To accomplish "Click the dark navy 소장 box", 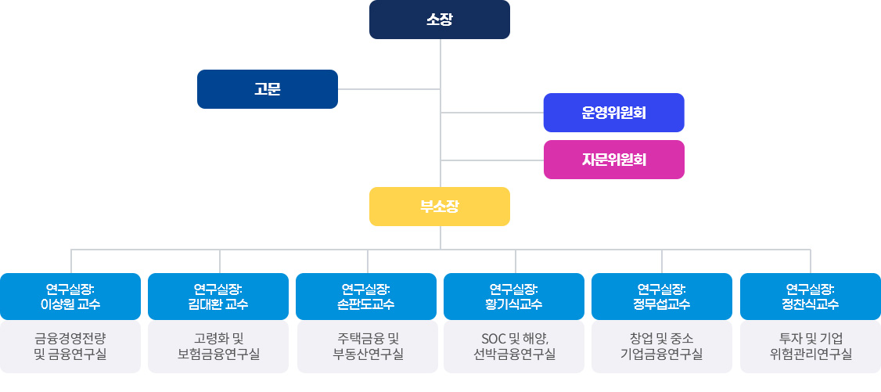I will [x=439, y=20].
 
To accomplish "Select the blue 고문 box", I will [x=267, y=89].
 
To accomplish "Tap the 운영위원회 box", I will [x=613, y=113].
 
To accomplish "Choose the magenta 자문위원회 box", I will [x=613, y=160].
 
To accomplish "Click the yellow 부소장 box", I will [x=439, y=207].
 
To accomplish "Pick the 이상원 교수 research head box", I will [x=70, y=297].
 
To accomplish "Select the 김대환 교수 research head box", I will [x=218, y=297].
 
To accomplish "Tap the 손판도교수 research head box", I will [x=366, y=297].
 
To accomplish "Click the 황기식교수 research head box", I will [x=514, y=297].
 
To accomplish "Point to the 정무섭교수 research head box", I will [x=662, y=297].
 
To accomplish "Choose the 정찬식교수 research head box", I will [x=810, y=297].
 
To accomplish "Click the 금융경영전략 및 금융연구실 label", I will [x=70, y=347].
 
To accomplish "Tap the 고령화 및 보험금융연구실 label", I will [x=218, y=347].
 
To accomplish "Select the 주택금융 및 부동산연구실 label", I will [x=366, y=347].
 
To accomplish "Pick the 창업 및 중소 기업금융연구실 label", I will [x=662, y=347].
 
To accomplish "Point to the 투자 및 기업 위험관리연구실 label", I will [x=810, y=347].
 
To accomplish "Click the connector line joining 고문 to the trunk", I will [x=389, y=89].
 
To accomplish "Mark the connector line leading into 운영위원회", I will [x=492, y=113].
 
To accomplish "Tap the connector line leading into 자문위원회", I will [x=492, y=160].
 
